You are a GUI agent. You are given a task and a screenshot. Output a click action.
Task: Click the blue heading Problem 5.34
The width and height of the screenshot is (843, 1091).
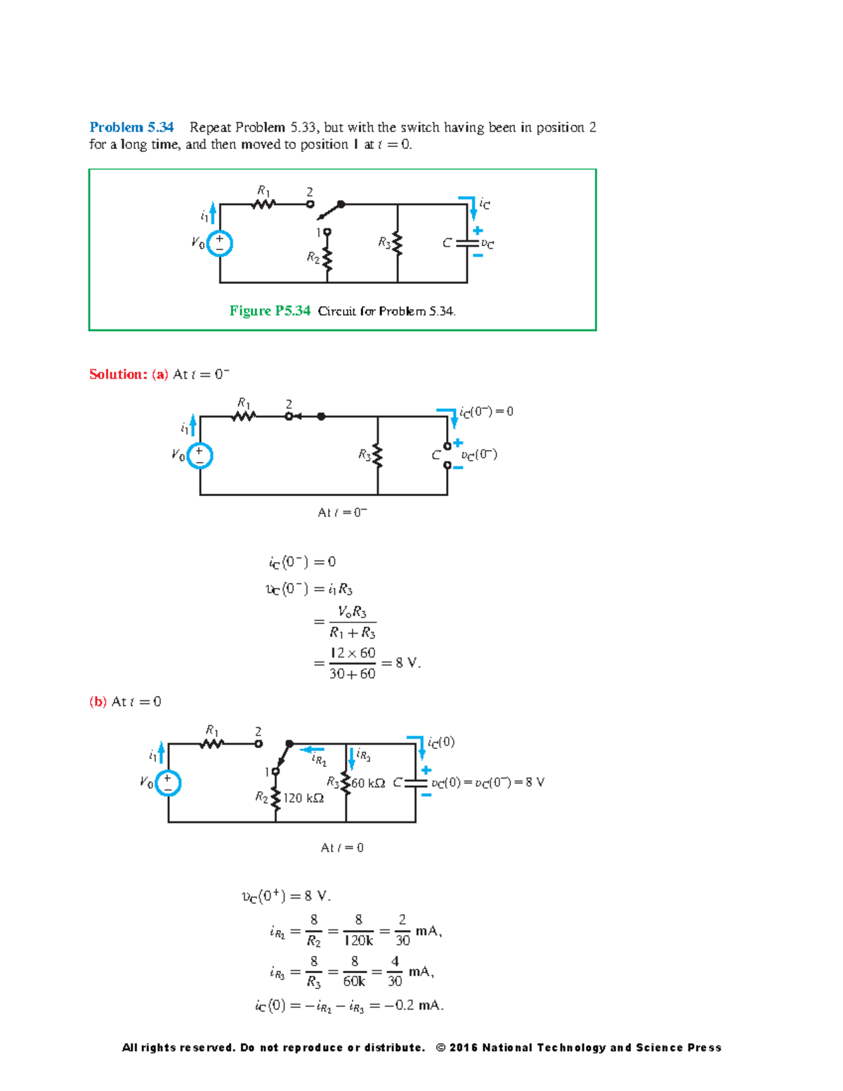point(131,127)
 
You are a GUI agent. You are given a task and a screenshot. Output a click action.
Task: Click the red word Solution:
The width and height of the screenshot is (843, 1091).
point(117,374)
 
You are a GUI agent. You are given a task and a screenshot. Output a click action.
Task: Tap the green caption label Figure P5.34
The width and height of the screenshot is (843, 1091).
point(270,311)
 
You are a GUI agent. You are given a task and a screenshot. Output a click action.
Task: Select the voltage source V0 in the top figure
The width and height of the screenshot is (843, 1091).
point(220,244)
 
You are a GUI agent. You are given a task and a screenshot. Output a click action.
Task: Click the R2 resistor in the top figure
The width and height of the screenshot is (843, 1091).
point(327,259)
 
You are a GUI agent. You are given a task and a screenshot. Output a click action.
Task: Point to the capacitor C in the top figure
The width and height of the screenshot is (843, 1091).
point(466,243)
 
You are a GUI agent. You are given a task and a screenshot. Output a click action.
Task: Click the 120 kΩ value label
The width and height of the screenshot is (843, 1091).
point(303,798)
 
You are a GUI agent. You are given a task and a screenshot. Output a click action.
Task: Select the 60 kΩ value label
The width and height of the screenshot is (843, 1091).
point(368,783)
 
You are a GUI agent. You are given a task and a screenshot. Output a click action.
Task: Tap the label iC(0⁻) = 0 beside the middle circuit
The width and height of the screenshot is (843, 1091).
point(486,412)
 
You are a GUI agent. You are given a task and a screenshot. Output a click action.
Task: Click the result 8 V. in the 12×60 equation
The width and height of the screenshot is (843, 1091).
point(407,662)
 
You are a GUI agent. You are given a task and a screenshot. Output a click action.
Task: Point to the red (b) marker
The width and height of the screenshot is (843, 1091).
point(98,702)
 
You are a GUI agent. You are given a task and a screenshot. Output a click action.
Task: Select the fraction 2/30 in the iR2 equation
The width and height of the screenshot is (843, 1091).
point(402,930)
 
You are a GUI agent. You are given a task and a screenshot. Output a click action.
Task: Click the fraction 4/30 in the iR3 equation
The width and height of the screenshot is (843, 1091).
point(395,971)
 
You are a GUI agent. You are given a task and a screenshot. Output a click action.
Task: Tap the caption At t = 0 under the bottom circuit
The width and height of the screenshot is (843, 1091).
point(342,848)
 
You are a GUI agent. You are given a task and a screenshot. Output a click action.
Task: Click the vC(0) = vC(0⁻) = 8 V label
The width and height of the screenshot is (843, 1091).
point(488,783)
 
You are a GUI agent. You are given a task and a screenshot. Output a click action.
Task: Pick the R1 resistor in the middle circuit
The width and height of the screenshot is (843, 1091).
point(243,416)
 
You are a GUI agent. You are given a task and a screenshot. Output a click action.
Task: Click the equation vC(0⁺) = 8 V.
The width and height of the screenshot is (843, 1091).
point(286,896)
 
